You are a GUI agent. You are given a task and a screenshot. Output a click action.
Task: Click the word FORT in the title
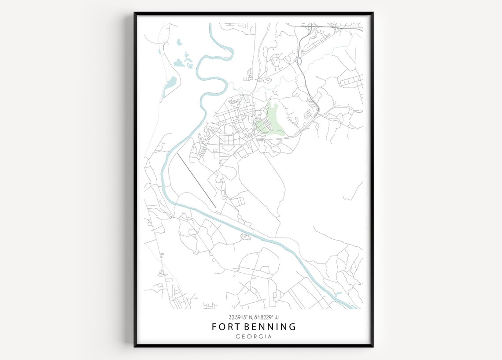click(225, 327)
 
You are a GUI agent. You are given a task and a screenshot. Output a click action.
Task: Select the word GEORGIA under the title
click(254, 337)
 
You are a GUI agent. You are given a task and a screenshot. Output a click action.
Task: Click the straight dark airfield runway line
click(196, 181)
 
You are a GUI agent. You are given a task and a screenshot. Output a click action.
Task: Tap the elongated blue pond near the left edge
click(170, 85)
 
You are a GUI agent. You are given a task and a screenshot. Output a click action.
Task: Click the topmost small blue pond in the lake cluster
click(179, 42)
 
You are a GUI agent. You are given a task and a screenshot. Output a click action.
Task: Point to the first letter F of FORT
click(214, 327)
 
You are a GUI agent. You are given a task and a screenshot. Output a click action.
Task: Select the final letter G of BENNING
click(292, 327)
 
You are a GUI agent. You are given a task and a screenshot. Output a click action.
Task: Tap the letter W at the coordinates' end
click(277, 317)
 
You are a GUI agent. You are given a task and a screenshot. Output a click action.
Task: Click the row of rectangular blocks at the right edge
click(351, 81)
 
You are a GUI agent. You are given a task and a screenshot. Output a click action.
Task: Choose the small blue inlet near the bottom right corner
click(338, 293)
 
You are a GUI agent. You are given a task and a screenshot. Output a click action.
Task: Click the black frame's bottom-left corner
click(135, 346)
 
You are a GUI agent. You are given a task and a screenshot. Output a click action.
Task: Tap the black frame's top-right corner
click(372, 13)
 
